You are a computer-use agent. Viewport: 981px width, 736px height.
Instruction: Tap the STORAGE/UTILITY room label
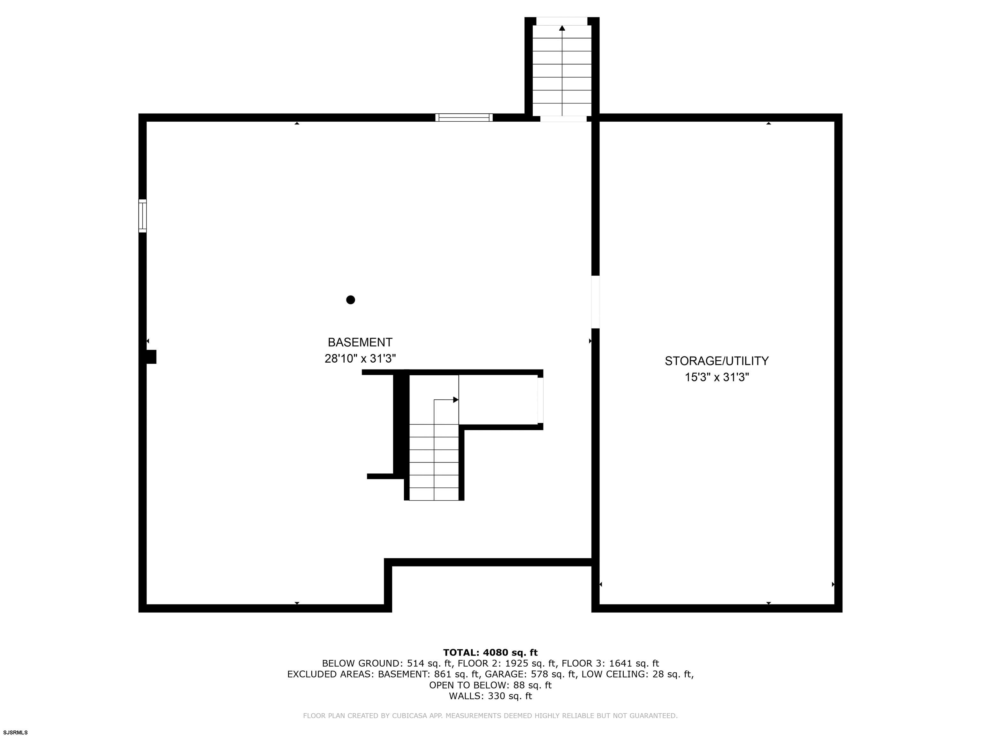(717, 361)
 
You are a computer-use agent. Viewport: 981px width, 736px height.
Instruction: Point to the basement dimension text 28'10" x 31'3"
(360, 358)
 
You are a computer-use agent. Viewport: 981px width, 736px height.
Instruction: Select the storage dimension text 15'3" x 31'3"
(717, 377)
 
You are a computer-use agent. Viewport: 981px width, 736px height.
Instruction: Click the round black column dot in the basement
(350, 300)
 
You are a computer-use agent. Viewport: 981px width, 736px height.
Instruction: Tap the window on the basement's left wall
(142, 216)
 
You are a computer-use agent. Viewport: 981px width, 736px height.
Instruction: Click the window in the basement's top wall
(464, 118)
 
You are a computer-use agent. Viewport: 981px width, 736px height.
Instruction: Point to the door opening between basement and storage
(596, 302)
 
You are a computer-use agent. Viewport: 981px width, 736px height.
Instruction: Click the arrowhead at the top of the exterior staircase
(562, 28)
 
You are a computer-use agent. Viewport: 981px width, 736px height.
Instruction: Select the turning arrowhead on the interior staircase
(456, 400)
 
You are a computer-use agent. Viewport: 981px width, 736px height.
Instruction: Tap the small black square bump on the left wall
(151, 357)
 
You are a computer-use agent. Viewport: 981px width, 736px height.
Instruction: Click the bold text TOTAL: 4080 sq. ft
(490, 653)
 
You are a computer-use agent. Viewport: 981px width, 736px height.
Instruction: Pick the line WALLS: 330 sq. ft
(490, 696)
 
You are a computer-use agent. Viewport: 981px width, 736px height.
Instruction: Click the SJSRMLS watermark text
(16, 732)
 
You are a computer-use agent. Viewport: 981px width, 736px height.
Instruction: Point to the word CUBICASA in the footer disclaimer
(412, 716)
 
